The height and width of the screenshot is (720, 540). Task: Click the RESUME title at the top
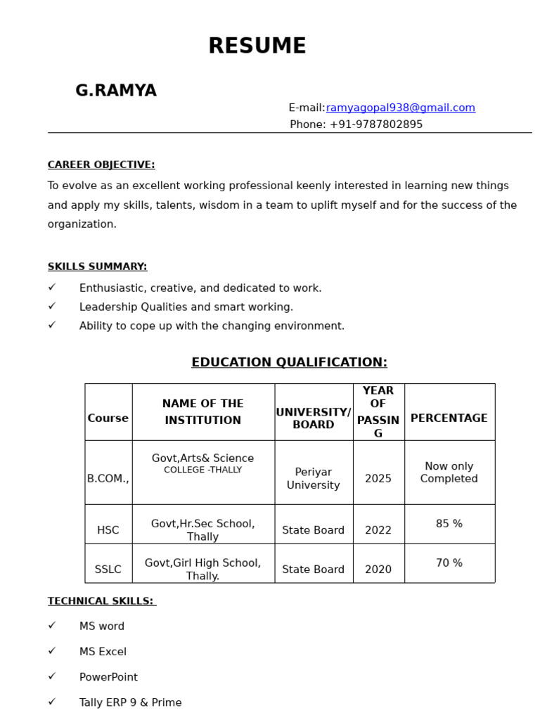pos(257,46)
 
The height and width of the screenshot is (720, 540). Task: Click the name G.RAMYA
pos(116,91)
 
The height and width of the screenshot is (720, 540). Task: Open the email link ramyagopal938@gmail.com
pos(400,108)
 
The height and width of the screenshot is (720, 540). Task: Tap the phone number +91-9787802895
pos(375,124)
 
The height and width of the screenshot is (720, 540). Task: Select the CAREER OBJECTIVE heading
pos(101,165)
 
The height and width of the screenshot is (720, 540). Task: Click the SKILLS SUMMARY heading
pos(97,266)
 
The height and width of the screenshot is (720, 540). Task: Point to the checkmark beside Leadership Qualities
pos(52,307)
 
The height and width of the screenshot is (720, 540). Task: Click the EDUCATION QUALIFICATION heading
pos(289,362)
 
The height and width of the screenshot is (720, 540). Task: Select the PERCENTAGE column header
pos(449,418)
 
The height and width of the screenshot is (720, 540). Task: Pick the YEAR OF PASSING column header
pos(378,412)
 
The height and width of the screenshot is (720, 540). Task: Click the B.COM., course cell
pos(108,479)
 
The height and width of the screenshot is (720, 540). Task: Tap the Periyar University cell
pos(314,479)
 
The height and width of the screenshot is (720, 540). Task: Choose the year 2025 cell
pos(378,479)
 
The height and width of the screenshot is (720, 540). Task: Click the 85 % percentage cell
pos(449,524)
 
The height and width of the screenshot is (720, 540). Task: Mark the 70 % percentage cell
pos(449,563)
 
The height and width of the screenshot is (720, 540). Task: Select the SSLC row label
pos(108,570)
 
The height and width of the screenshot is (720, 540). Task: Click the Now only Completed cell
pos(449,472)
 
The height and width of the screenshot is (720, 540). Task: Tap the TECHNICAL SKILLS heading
pos(101,601)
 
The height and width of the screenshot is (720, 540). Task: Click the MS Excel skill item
pos(103,652)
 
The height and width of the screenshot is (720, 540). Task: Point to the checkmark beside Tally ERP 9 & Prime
pos(52,702)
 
